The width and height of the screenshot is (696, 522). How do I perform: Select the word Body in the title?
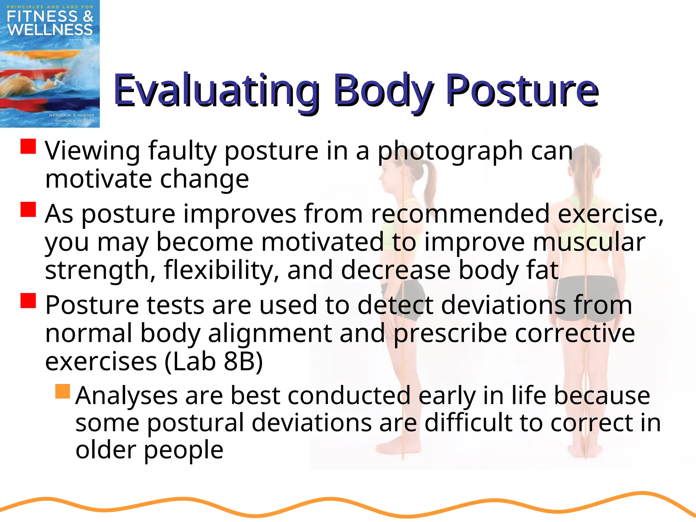click(x=382, y=90)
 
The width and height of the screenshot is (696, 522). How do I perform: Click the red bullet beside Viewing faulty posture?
click(x=28, y=146)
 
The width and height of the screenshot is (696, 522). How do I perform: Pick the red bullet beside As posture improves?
click(x=28, y=209)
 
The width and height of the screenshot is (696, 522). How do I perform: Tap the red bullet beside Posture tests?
click(x=28, y=300)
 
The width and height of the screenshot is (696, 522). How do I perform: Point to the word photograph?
click(x=450, y=151)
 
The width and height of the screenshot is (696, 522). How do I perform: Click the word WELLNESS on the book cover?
click(x=50, y=30)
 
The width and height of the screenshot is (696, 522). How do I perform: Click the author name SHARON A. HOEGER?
click(x=74, y=121)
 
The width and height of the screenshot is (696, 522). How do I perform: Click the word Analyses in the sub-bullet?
click(x=126, y=396)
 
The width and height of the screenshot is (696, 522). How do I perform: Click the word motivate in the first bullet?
click(x=98, y=179)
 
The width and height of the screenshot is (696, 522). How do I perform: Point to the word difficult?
click(x=480, y=423)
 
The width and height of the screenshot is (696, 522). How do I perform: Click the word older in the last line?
click(x=106, y=450)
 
